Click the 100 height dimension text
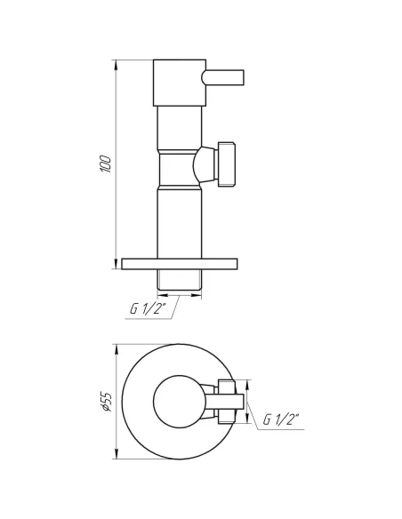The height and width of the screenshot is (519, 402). pyautogui.click(x=106, y=164)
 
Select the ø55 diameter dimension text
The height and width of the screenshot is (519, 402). pyautogui.click(x=106, y=403)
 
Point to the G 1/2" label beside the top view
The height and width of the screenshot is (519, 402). pyautogui.click(x=280, y=419)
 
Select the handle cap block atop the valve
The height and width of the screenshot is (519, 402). pyautogui.click(x=181, y=83)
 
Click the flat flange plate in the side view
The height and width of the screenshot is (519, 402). pyautogui.click(x=181, y=263)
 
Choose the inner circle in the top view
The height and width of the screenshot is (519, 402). pyautogui.click(x=181, y=402)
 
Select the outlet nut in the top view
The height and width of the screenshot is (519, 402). pyautogui.click(x=226, y=402)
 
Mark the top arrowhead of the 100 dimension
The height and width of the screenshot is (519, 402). pyautogui.click(x=117, y=65)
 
